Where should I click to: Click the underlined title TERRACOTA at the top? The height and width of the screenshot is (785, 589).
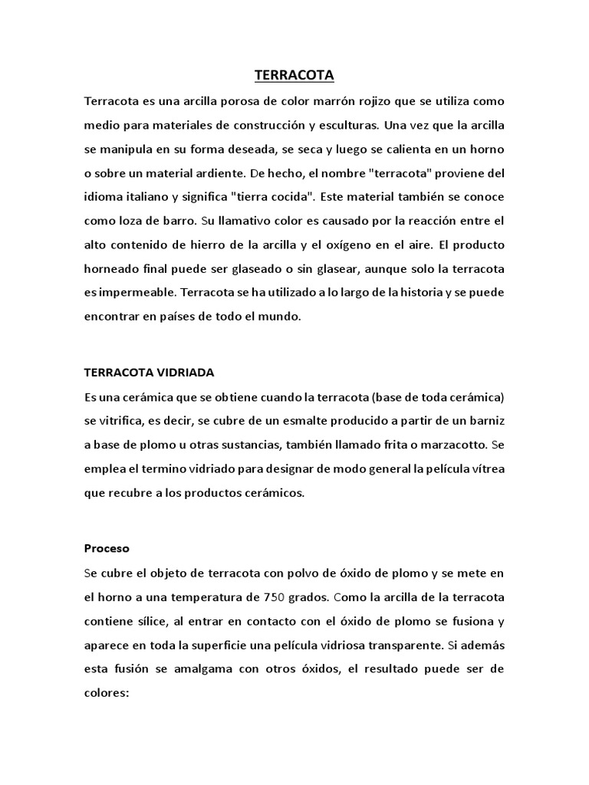click(294, 76)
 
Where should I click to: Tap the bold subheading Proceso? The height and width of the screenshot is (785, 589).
click(107, 549)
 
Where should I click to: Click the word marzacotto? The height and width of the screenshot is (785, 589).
click(451, 445)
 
